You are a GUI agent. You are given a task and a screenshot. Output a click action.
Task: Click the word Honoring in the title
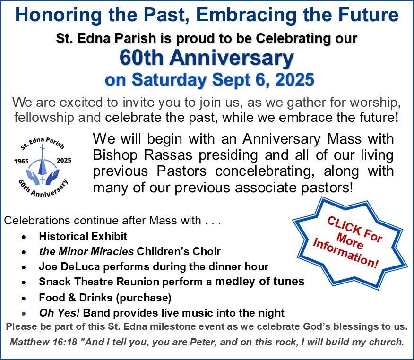coord(58,15)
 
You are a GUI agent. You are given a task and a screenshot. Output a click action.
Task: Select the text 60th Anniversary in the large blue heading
coord(207,58)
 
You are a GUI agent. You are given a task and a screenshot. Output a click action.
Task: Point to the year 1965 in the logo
coord(21,161)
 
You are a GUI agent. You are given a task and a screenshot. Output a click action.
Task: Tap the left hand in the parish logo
coord(32,176)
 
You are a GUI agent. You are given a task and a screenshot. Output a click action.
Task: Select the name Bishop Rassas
coord(142,155)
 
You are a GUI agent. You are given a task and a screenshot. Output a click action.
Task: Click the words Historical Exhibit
coord(83,236)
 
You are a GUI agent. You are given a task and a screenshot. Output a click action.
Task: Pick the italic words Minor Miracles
coord(96,251)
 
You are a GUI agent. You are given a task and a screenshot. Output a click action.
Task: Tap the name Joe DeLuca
coord(69,266)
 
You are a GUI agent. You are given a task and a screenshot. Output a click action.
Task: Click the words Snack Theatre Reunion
coord(99,282)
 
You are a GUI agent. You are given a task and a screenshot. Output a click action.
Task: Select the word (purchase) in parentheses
coord(144,298)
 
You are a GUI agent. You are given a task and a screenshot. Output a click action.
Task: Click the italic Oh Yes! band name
coord(59,313)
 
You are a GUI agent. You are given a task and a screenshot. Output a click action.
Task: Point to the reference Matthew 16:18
coord(43,342)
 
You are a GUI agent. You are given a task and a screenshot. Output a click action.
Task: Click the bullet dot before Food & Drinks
coord(24,299)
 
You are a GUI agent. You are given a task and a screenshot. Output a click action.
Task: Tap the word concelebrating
coord(265,171)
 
